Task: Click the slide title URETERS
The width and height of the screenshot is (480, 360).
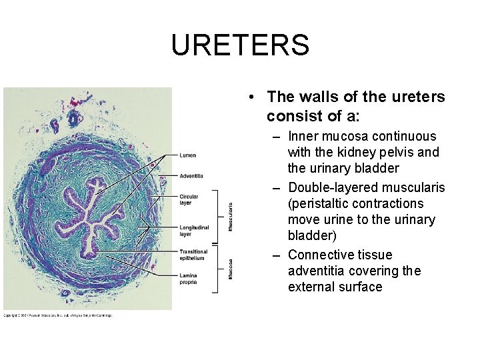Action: [240, 45]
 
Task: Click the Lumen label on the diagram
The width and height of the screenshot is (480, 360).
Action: [188, 155]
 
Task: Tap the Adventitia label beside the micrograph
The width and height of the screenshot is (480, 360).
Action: [191, 176]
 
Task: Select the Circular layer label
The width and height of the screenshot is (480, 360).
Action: [189, 199]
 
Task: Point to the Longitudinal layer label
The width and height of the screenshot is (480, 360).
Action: [194, 231]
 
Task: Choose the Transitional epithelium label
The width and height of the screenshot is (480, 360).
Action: [193, 254]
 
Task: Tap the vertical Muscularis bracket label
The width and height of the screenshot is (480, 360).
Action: [231, 217]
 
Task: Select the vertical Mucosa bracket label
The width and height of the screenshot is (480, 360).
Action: [231, 269]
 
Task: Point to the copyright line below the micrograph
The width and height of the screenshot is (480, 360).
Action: [58, 315]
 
